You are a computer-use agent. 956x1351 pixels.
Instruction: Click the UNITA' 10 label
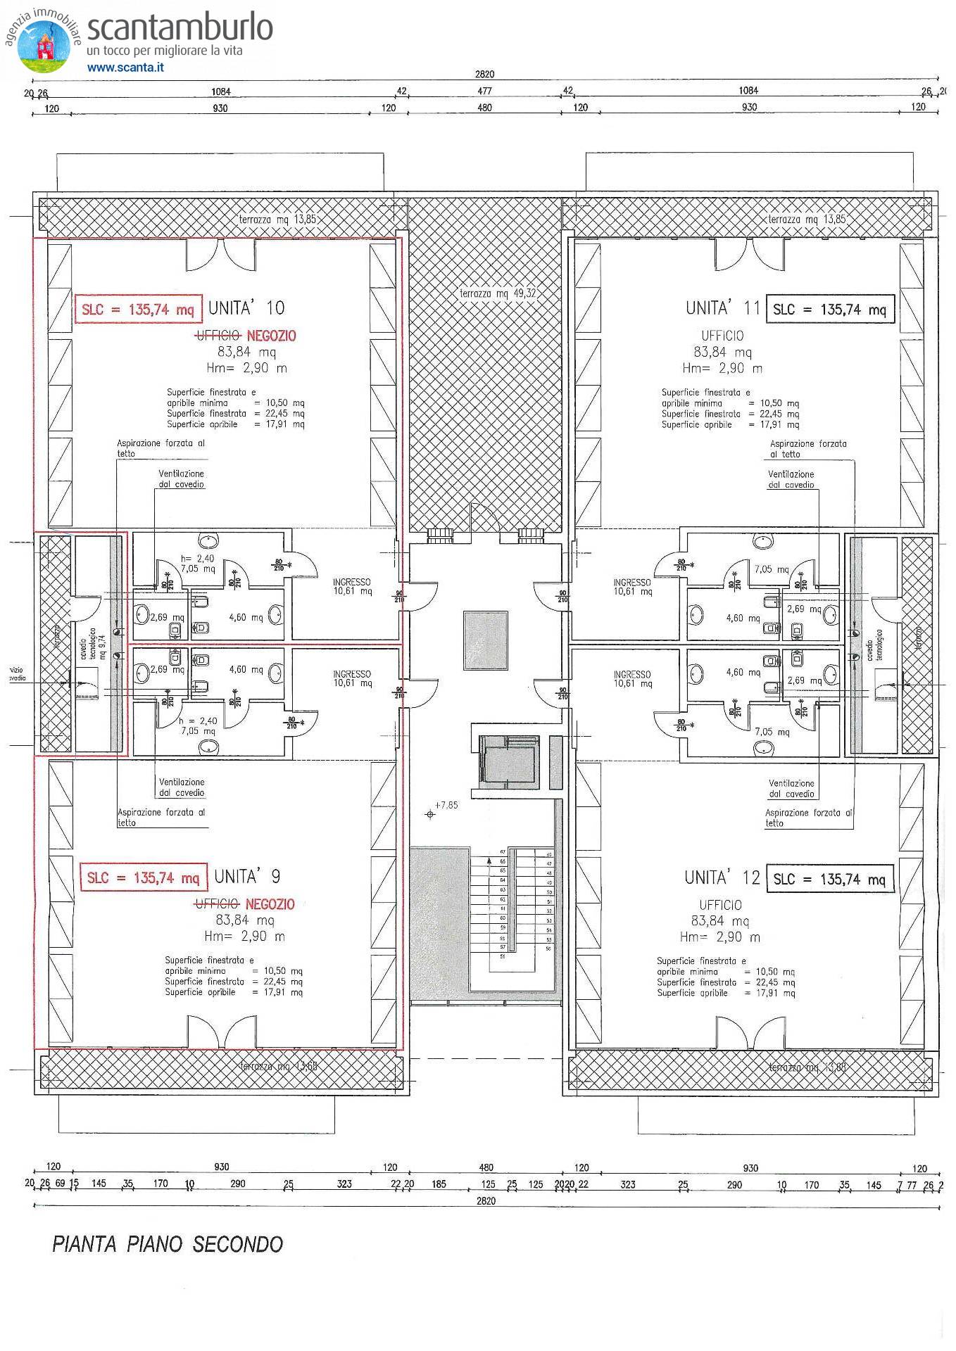tap(246, 308)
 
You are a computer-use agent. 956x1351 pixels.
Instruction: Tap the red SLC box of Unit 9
tap(144, 878)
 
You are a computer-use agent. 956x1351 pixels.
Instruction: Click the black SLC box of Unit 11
tap(830, 310)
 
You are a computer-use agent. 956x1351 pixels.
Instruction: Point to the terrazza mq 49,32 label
tap(498, 293)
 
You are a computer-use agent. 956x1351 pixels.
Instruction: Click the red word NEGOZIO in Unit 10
tap(271, 336)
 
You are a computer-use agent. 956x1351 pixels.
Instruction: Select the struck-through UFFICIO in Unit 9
tap(217, 904)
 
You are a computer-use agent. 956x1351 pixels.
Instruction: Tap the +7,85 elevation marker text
tap(446, 805)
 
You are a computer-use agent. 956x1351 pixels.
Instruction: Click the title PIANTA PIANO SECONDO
tap(168, 1244)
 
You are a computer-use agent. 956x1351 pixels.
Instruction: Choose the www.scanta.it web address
tap(125, 68)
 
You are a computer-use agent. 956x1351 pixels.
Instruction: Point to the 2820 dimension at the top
tap(484, 74)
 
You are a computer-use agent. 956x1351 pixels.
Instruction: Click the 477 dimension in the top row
tap(484, 91)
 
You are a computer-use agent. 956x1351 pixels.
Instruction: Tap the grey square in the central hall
tap(485, 640)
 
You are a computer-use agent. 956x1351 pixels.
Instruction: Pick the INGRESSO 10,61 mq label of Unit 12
tap(632, 679)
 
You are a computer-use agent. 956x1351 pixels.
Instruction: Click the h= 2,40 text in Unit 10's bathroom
tap(197, 559)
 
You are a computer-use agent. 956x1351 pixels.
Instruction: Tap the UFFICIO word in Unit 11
tap(722, 336)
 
